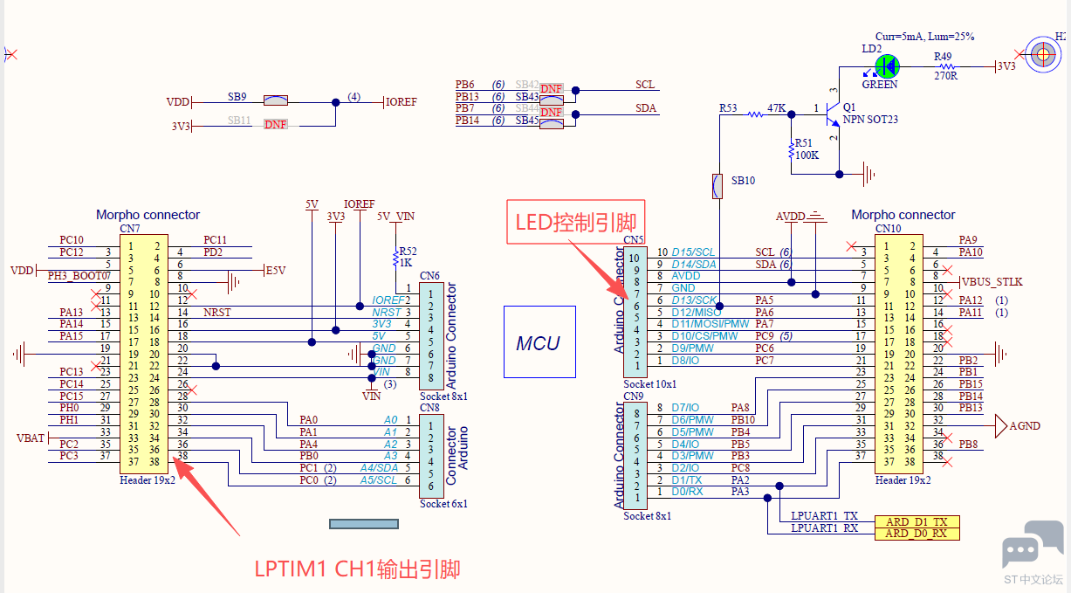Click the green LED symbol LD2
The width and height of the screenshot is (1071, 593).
tap(887, 66)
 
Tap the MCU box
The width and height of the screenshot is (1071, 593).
tap(539, 342)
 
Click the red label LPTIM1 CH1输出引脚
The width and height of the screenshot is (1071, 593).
tap(357, 569)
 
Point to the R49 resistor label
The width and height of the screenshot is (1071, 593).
tap(943, 56)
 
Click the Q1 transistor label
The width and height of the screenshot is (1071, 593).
tap(849, 106)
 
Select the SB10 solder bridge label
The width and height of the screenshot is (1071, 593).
tap(743, 181)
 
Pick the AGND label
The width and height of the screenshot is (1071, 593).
tap(1025, 425)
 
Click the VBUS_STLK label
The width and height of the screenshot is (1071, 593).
tap(992, 282)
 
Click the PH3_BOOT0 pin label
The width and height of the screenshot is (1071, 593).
tap(79, 276)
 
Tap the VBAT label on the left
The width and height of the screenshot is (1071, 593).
tap(31, 438)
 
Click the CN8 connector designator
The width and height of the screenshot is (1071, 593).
tap(429, 407)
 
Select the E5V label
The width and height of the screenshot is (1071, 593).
tap(276, 271)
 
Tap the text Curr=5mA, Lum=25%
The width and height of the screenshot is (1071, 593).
tap(924, 38)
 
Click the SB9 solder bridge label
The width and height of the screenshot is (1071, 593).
tap(237, 96)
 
